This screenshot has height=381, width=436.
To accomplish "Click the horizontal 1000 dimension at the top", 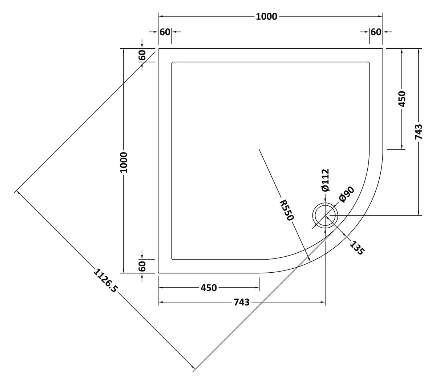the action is tap(266, 16).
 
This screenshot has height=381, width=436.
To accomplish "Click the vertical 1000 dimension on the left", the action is tap(124, 163).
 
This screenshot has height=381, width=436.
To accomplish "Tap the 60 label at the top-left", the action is tap(165, 32).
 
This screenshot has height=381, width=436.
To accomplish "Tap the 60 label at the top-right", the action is tap(376, 32).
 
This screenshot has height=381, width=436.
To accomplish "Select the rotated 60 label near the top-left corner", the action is tap(142, 55).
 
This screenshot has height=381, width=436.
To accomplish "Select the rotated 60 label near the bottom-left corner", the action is tap(142, 266).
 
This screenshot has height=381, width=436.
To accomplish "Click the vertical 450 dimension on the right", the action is tap(402, 99).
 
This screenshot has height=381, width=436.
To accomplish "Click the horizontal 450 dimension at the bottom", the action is tap(209, 288).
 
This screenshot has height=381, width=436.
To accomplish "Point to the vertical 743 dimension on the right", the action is tap(419, 132).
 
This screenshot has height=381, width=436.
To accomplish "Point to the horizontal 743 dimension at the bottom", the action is tap(242, 302).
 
